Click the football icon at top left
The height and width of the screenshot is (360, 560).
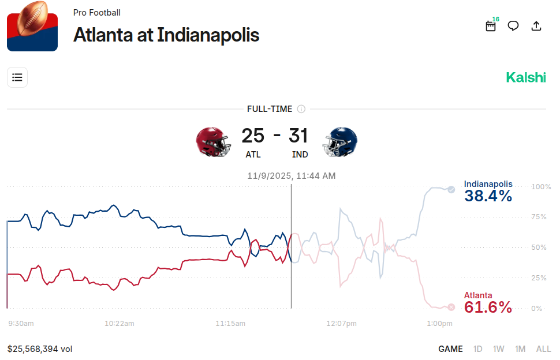click(32, 26)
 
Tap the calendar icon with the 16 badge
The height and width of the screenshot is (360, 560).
click(491, 26)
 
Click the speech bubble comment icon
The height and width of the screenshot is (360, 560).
click(513, 26)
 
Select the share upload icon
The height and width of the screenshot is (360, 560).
click(536, 26)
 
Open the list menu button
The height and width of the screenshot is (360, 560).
click(17, 77)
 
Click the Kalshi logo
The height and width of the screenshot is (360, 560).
click(526, 77)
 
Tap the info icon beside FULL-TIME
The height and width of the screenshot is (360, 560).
click(301, 109)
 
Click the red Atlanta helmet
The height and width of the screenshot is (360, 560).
click(212, 141)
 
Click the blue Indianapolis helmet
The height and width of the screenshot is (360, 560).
click(341, 141)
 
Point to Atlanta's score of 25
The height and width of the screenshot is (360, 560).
click(253, 136)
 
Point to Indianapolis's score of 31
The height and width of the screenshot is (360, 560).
click(298, 136)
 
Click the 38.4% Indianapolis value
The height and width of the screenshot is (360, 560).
click(488, 196)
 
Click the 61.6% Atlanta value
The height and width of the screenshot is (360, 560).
click(488, 307)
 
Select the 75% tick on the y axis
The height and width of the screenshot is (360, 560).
click(539, 217)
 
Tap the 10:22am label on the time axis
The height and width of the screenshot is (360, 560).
click(120, 324)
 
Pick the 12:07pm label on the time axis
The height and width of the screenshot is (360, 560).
click(341, 324)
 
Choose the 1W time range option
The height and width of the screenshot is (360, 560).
click(499, 349)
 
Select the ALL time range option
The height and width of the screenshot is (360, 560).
click(544, 349)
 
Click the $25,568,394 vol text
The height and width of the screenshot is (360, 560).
click(40, 349)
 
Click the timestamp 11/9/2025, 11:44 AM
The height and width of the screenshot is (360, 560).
click(292, 175)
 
